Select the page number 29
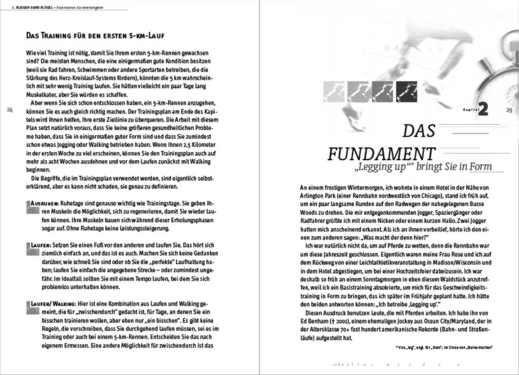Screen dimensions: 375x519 [x=509, y=109]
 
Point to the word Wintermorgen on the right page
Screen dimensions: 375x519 [x=359, y=187]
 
